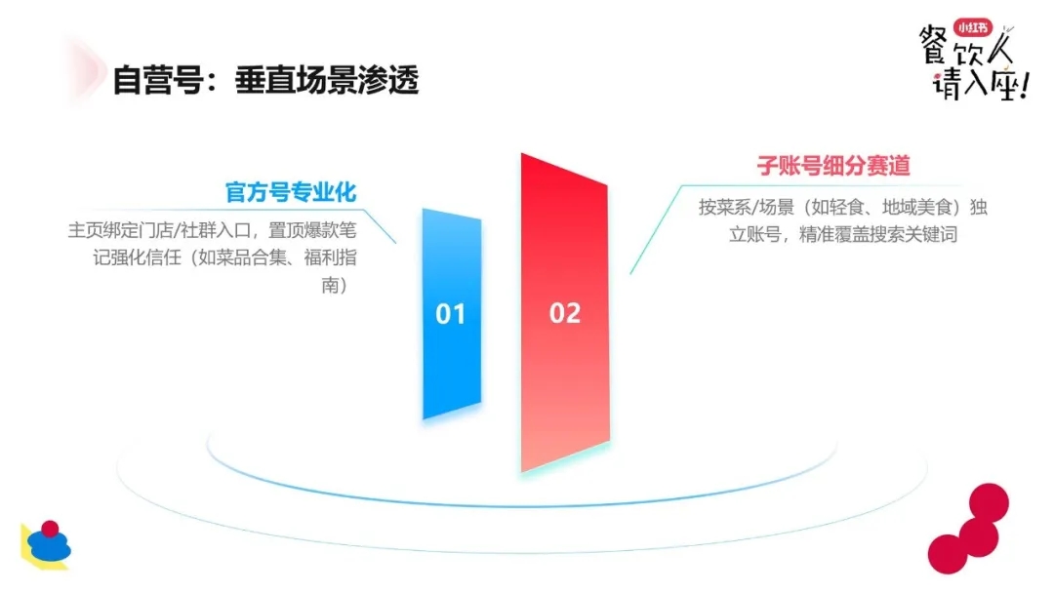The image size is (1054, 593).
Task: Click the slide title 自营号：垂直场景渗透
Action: [x=265, y=81]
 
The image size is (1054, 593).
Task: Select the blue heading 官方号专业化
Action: [x=291, y=192]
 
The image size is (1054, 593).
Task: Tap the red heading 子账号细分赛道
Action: [x=833, y=165]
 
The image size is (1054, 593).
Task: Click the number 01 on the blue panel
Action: [x=450, y=314]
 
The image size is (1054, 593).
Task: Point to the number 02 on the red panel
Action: [x=565, y=313]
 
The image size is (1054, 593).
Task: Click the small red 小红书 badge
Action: [x=973, y=27]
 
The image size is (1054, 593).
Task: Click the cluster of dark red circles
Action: [x=969, y=529]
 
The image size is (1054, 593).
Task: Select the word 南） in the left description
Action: [x=335, y=286]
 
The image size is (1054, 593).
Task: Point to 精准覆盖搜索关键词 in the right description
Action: [x=878, y=234]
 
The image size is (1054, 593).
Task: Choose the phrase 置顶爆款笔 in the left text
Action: [x=312, y=230]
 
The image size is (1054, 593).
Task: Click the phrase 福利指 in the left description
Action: [x=330, y=257]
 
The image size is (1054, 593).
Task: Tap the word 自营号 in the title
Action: [x=158, y=81]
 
